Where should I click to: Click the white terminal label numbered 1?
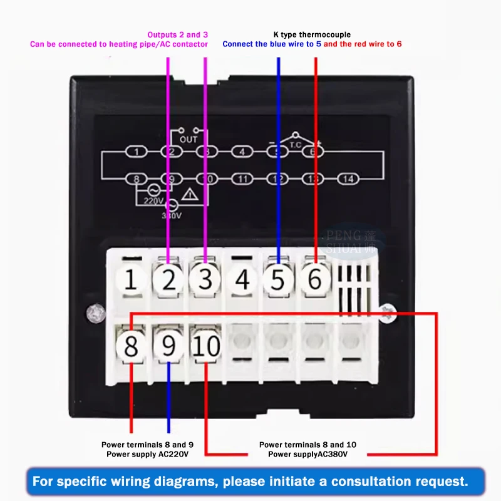tap(130, 279)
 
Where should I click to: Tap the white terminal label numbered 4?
tap(242, 279)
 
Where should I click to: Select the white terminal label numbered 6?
tap(315, 279)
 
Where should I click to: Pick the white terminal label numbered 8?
tap(131, 346)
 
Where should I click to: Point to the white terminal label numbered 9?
tap(168, 346)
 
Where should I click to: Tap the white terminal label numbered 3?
tap(205, 279)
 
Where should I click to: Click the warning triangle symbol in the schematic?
tap(194, 195)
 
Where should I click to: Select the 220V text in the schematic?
tap(153, 202)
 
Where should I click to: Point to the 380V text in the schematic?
tap(172, 215)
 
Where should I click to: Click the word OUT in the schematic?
tap(188, 139)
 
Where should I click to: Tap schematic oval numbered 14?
tap(348, 180)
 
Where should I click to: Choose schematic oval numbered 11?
tap(243, 180)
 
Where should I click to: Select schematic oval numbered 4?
tap(242, 152)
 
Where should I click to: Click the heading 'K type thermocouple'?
tap(312, 34)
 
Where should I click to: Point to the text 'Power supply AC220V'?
tap(147, 453)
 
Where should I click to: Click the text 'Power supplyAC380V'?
tap(307, 453)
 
